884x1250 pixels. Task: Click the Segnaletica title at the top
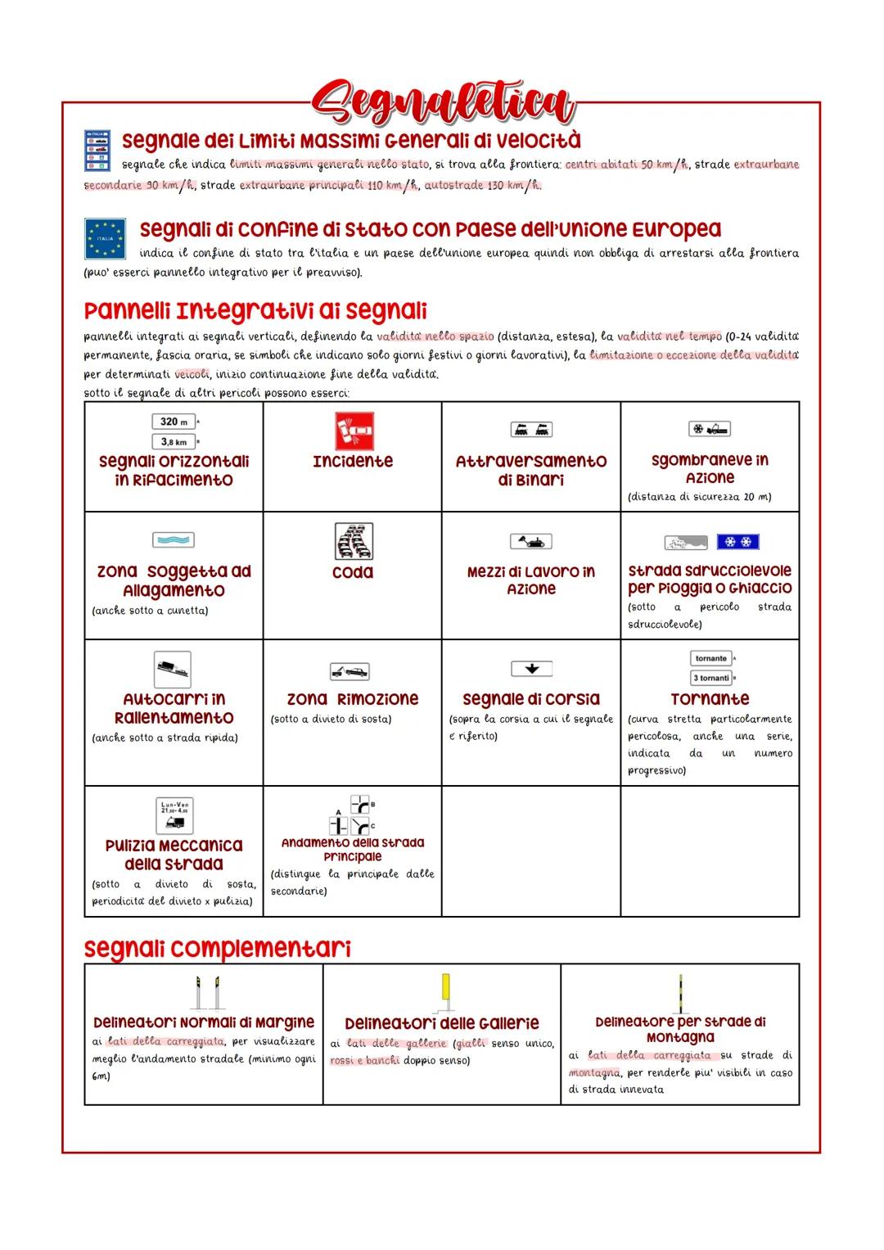click(442, 104)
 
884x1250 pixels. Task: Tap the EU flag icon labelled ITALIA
click(105, 238)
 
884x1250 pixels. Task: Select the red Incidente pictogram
click(354, 431)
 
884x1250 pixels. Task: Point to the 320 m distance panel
click(174, 422)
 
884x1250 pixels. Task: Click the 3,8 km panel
click(174, 442)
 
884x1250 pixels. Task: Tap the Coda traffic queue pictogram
click(354, 542)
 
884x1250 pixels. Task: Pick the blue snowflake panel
click(737, 542)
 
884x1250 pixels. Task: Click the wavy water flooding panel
click(174, 540)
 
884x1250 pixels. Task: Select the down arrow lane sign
click(531, 669)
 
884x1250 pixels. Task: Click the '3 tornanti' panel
click(710, 678)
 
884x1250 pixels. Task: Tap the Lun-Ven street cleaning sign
click(174, 815)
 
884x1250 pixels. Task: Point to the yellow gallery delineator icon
click(445, 989)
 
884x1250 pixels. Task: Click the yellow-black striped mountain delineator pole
click(679, 992)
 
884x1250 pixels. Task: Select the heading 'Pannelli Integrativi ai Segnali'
click(255, 311)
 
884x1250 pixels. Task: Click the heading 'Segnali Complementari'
click(218, 949)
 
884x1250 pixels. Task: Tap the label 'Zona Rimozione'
click(353, 699)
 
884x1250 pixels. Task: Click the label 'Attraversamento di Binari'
click(531, 471)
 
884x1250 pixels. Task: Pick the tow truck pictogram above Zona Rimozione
click(350, 671)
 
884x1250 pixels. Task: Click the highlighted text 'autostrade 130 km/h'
click(482, 185)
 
